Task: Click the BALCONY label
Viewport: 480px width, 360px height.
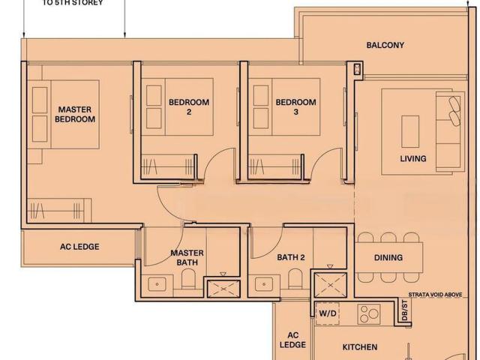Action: (x=385, y=45)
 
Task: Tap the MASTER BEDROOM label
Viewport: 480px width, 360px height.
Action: (x=76, y=114)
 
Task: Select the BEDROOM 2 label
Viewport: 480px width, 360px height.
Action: (x=189, y=106)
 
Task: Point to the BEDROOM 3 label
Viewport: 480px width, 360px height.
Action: (x=295, y=106)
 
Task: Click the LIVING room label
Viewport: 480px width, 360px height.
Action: (x=412, y=158)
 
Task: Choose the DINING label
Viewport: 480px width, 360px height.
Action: (x=388, y=257)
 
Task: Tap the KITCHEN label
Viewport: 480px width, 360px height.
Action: (x=360, y=346)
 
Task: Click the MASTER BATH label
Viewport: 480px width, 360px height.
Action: (x=187, y=257)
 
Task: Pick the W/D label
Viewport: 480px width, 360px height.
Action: (x=328, y=313)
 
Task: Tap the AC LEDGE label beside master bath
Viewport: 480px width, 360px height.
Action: (x=79, y=246)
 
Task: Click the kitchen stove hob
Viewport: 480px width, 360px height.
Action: (x=367, y=313)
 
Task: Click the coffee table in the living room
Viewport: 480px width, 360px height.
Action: (x=411, y=131)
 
